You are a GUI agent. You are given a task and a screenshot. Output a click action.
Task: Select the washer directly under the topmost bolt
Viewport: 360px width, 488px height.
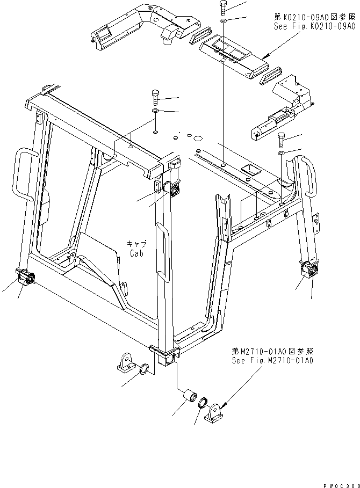click(223, 20)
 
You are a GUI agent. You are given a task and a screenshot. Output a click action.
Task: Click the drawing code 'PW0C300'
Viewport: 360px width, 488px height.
click(339, 484)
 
